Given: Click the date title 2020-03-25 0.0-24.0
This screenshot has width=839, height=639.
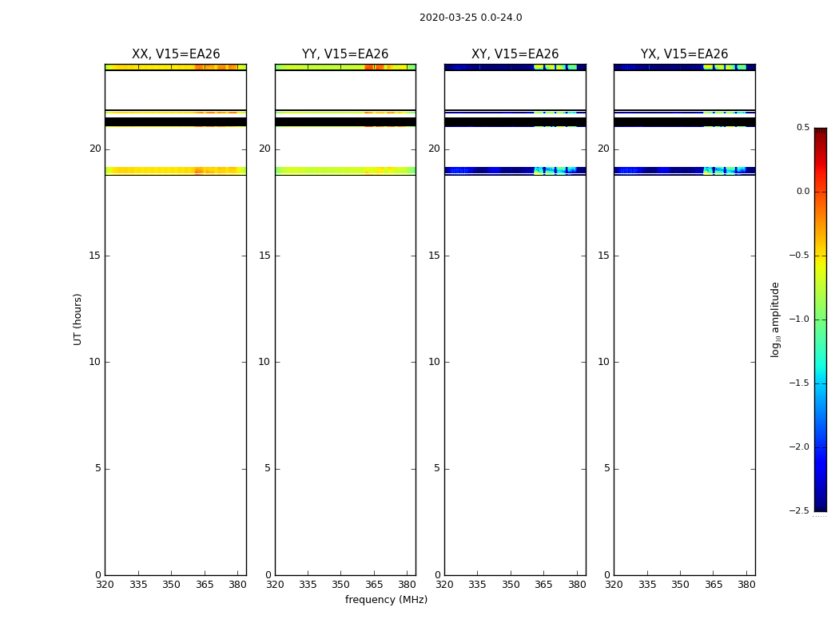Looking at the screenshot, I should click(471, 18).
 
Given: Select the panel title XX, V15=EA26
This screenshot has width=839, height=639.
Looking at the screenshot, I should click(176, 54).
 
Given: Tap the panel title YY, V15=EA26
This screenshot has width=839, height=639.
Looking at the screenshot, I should click(345, 54).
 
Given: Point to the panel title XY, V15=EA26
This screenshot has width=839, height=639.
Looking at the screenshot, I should click(515, 54).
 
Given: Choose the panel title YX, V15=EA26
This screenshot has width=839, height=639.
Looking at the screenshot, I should click(684, 54).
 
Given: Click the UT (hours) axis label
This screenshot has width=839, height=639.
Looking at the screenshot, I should click(78, 319).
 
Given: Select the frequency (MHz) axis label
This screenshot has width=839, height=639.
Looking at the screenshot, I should click(386, 600).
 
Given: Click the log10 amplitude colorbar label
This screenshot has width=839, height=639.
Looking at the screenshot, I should click(774, 319).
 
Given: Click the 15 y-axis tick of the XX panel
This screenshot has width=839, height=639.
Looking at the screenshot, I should click(95, 256).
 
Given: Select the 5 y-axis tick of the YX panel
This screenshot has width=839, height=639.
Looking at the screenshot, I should click(606, 469).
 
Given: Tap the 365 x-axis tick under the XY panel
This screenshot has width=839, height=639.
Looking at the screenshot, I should click(543, 585).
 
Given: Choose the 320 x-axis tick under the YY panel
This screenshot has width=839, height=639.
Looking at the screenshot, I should click(275, 585).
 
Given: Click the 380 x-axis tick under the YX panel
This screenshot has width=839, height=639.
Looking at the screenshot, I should click(746, 585).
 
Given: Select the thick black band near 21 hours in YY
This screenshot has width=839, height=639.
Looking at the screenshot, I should click(345, 121).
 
